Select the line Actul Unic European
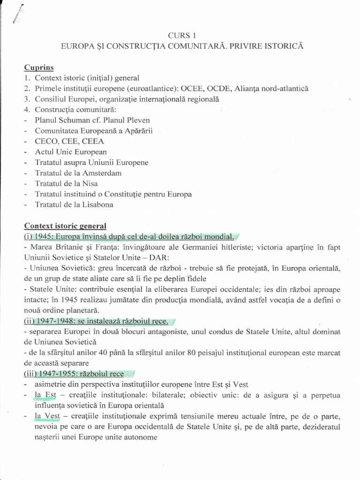coord(71,152)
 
